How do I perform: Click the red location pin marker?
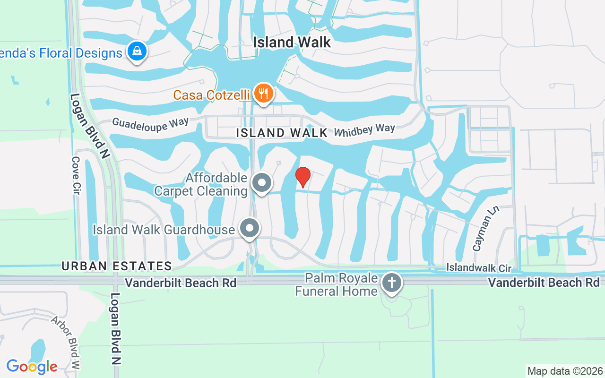(303, 177)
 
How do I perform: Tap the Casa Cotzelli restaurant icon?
(262, 93)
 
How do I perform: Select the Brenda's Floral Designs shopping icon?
(137, 51)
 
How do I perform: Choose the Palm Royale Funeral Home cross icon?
(391, 283)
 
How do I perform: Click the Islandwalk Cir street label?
(479, 268)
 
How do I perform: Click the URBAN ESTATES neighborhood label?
(116, 266)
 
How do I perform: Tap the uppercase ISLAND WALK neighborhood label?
(282, 133)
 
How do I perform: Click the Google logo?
(32, 366)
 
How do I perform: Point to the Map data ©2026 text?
(565, 371)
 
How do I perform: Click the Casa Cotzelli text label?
(211, 95)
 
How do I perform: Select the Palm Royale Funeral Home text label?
(336, 284)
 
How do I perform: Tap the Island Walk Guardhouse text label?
(164, 230)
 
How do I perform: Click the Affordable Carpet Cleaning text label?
(201, 184)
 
